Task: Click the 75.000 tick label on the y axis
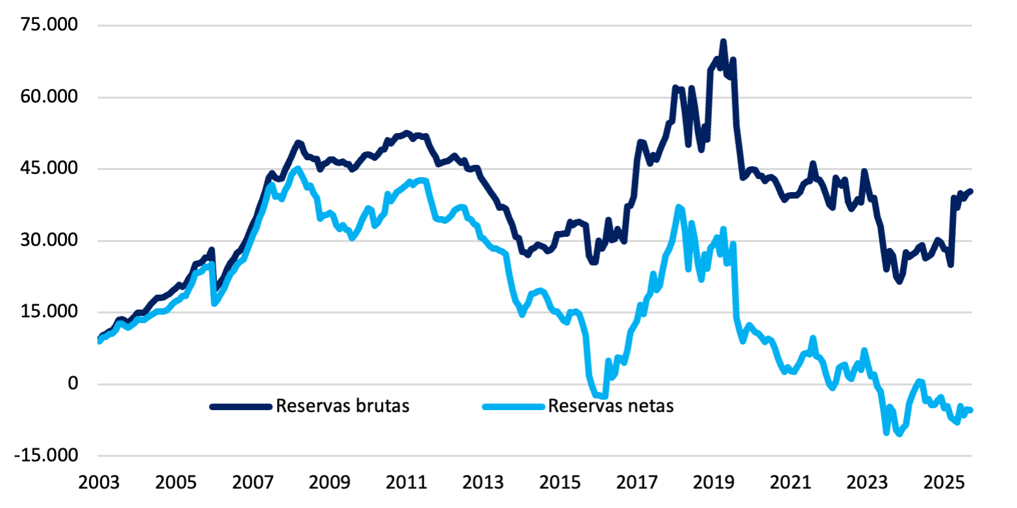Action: [50, 25]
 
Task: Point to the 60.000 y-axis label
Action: [50, 97]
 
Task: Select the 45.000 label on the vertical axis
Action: [50, 169]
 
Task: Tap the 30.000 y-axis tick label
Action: [50, 241]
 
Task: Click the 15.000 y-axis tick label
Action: [50, 312]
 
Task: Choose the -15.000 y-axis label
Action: [47, 455]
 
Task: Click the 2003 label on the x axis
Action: [98, 484]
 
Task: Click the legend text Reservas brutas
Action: [343, 406]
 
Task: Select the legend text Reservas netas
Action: [611, 406]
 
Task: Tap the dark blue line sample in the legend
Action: [240, 407]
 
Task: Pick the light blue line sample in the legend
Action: [513, 407]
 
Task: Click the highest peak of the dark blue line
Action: [723, 42]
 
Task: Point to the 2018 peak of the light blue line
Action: [679, 207]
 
